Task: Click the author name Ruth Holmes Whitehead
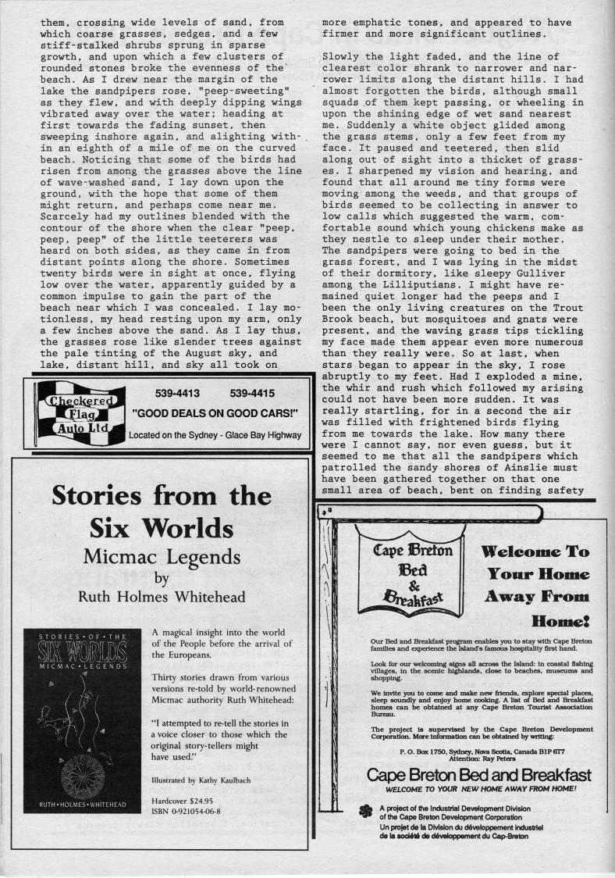(162, 598)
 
